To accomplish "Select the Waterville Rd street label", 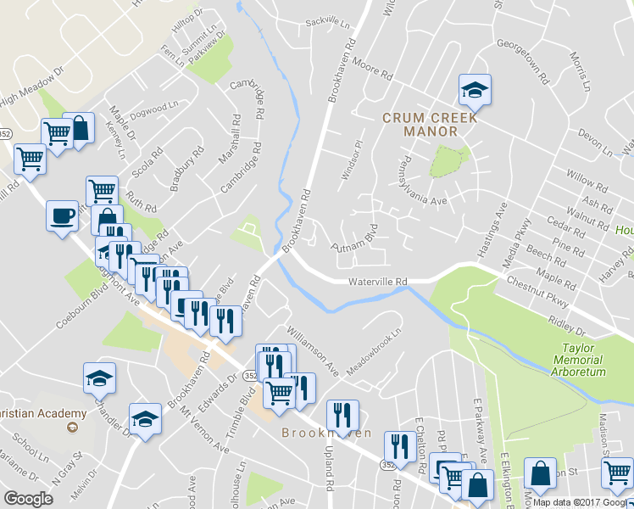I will click(x=378, y=282).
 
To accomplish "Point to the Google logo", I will click(x=28, y=499).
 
